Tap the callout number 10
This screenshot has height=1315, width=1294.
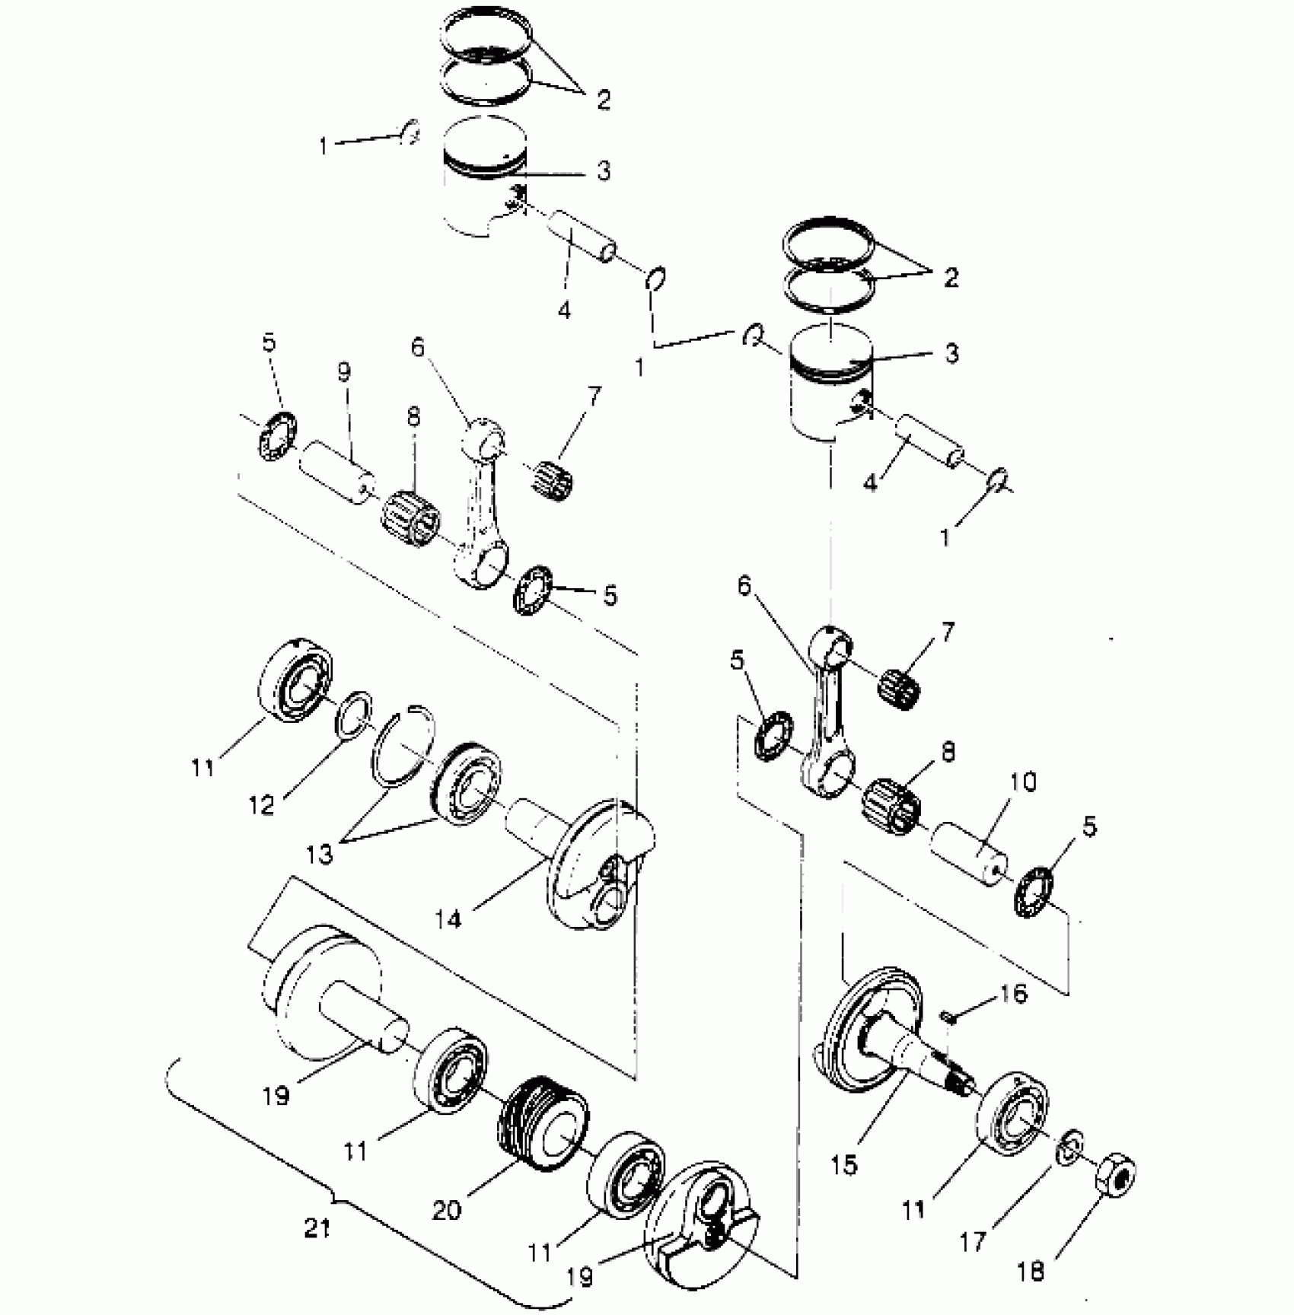pyautogui.click(x=1023, y=782)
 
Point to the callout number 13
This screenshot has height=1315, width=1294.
pyautogui.click(x=320, y=855)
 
